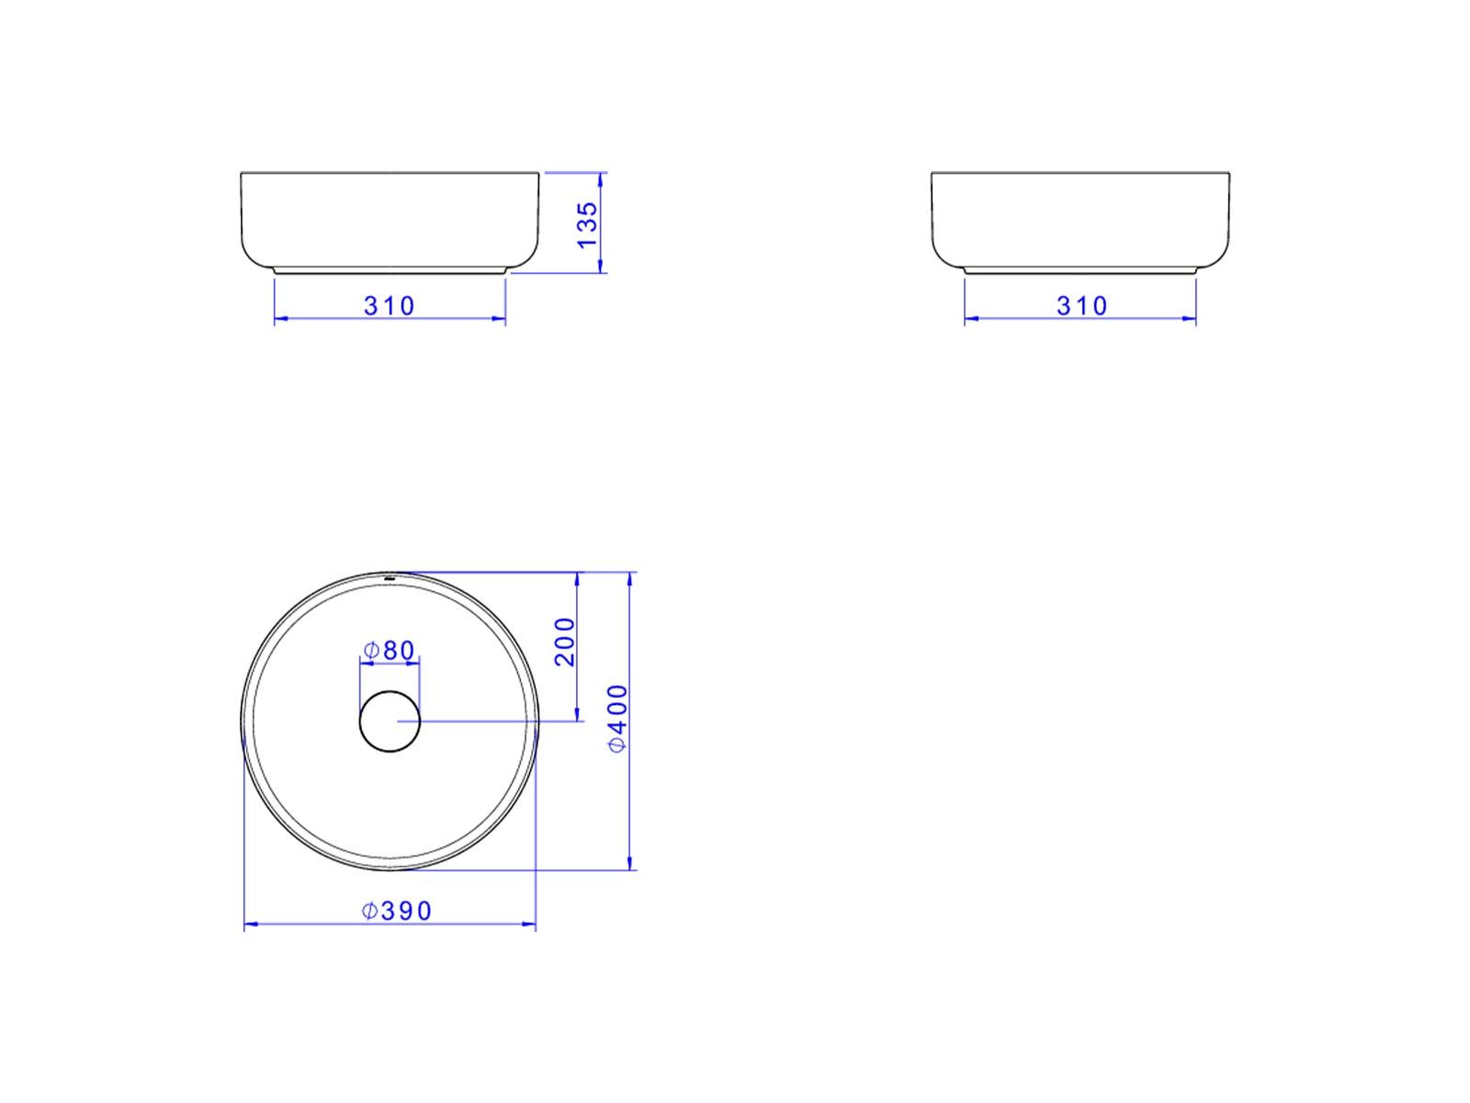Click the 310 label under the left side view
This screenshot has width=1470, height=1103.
(390, 306)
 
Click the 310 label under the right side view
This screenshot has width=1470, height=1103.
(1081, 306)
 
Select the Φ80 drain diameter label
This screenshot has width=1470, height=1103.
(389, 650)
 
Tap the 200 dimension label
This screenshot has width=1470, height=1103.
(564, 642)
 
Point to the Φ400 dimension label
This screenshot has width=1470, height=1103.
(617, 719)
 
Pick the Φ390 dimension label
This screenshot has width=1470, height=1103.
(397, 911)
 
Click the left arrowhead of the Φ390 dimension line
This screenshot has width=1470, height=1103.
(251, 926)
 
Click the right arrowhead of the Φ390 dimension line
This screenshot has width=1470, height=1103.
(529, 926)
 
